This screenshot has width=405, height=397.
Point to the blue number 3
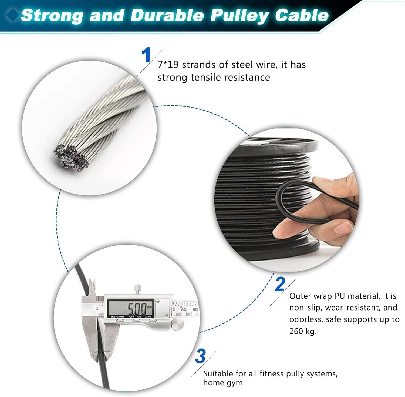point(200,356)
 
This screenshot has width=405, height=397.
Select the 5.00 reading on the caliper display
point(137,308)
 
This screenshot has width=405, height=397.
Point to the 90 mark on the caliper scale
point(195,309)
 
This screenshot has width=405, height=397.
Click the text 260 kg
point(302,331)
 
